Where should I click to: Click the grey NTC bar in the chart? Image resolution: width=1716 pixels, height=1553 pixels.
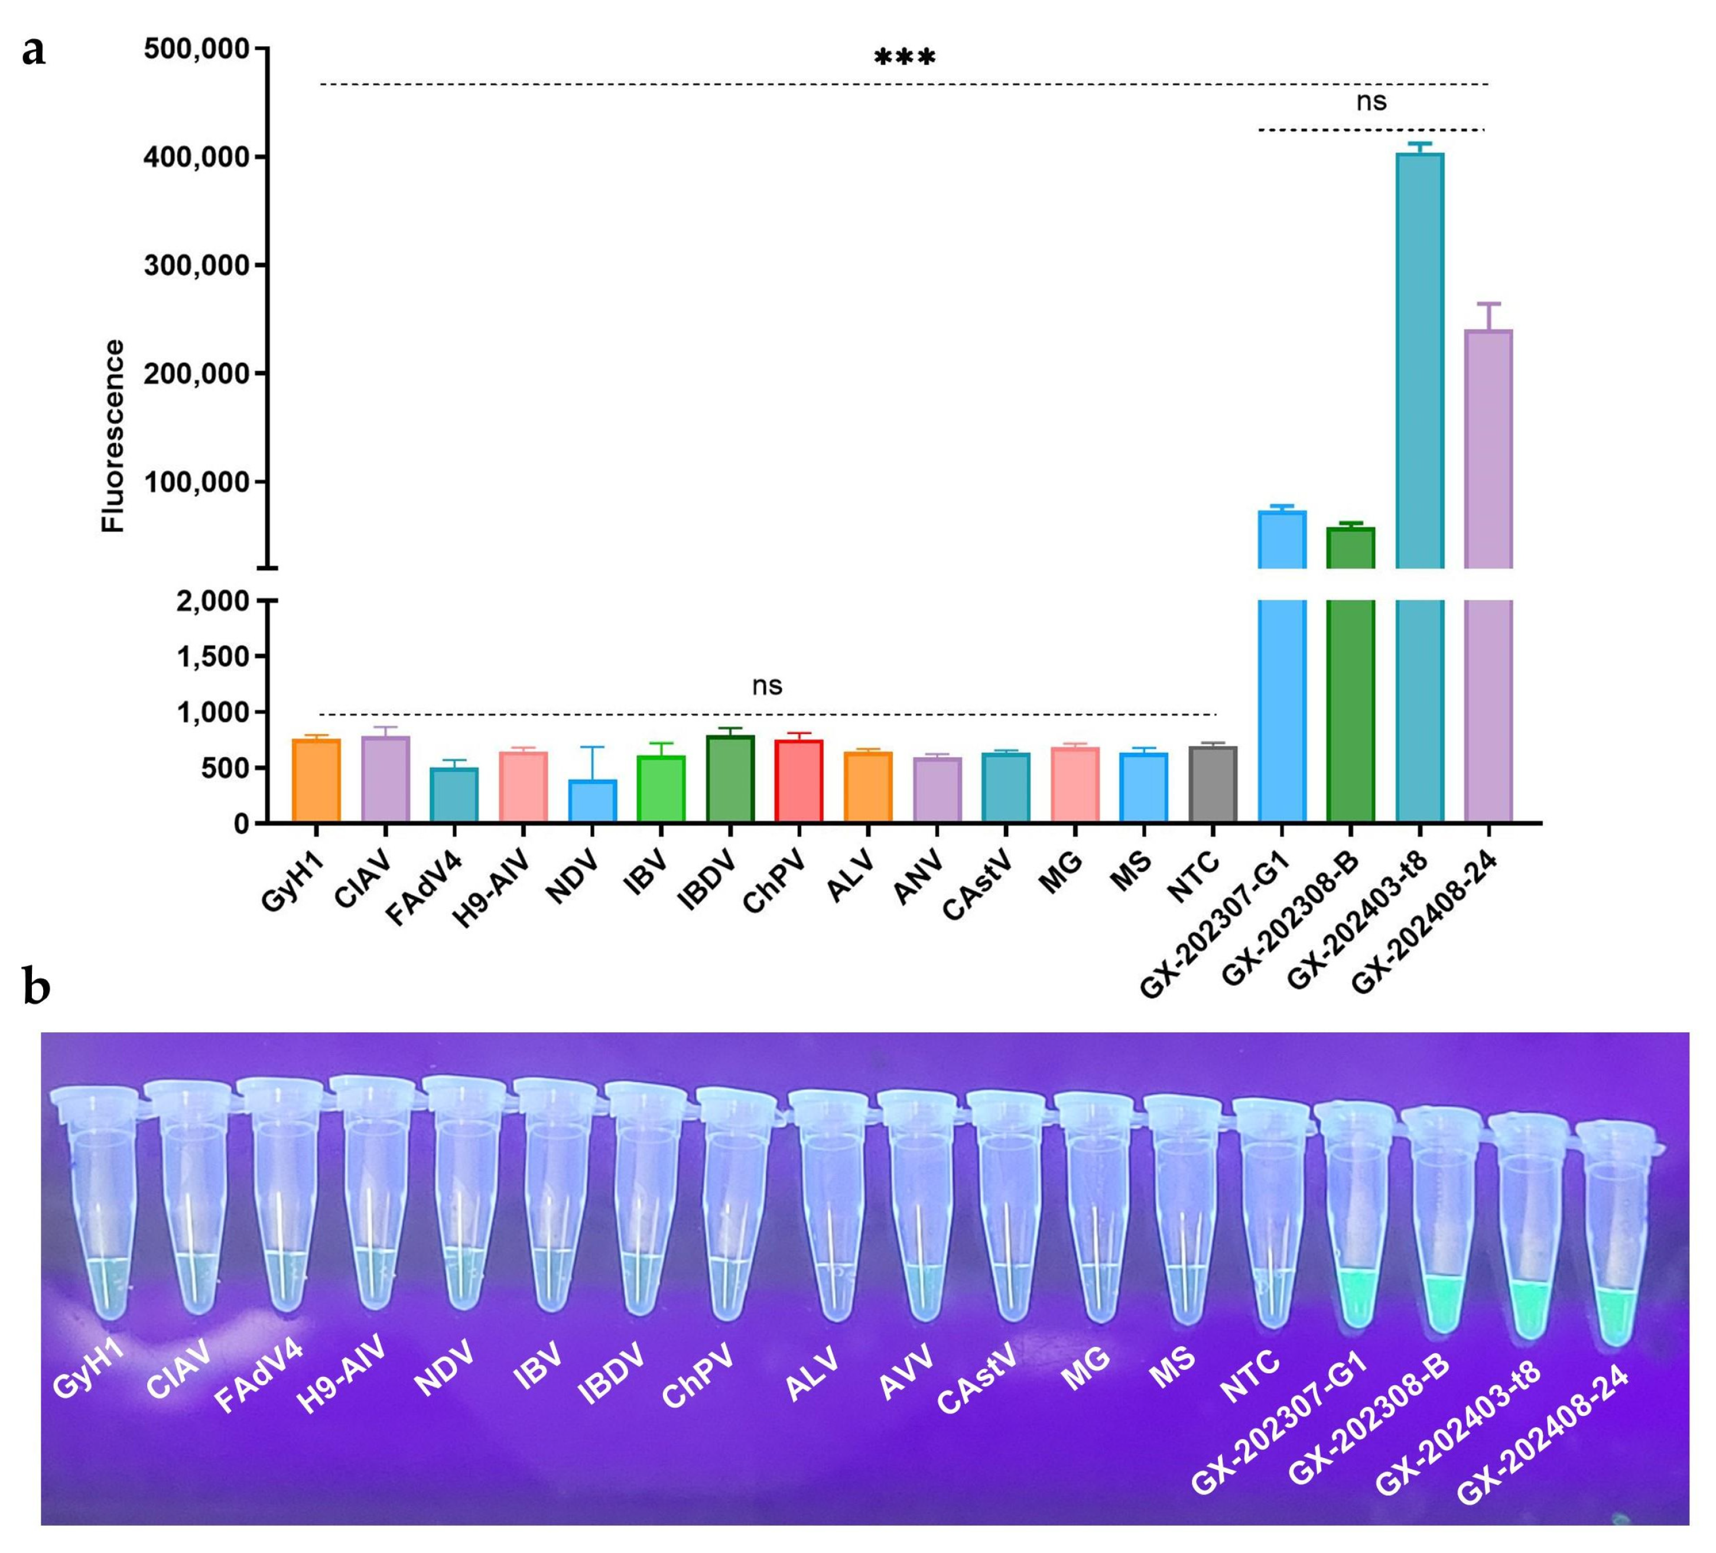coord(1212,784)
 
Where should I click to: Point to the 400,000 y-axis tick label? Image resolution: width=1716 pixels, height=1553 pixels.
coord(197,158)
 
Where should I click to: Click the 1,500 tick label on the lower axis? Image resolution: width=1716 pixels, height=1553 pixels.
coord(213,657)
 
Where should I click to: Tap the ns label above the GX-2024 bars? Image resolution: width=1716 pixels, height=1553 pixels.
coord(1370,102)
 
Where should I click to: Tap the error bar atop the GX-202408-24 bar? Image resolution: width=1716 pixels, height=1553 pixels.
coord(1488,315)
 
